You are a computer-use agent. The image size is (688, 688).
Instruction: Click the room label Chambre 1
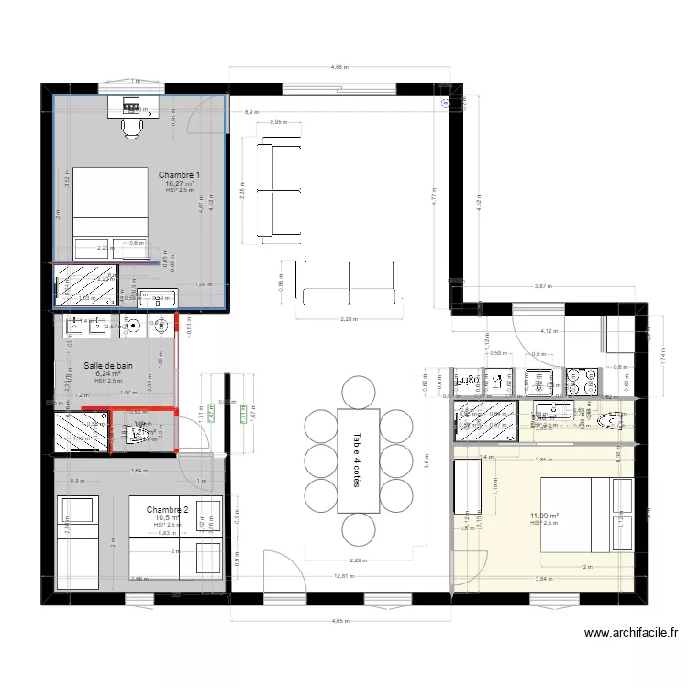(x=179, y=174)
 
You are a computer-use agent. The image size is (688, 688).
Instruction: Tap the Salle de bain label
(x=107, y=365)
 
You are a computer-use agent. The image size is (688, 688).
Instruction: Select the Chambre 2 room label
(x=166, y=509)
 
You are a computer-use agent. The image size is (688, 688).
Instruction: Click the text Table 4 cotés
(x=357, y=472)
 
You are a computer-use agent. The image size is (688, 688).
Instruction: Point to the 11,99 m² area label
(x=544, y=516)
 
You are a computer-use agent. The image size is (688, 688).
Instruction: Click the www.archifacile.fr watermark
(x=631, y=632)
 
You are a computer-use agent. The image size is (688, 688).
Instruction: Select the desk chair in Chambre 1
(x=132, y=128)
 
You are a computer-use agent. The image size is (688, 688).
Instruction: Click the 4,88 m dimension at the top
(x=338, y=68)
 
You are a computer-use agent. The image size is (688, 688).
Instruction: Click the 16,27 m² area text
(x=179, y=183)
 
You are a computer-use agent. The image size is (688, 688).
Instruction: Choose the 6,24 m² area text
(x=107, y=374)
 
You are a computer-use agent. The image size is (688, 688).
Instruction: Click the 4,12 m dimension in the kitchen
(x=549, y=331)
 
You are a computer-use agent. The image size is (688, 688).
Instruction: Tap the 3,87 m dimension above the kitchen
(x=544, y=286)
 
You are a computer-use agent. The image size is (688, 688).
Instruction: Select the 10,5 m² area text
(x=166, y=517)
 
